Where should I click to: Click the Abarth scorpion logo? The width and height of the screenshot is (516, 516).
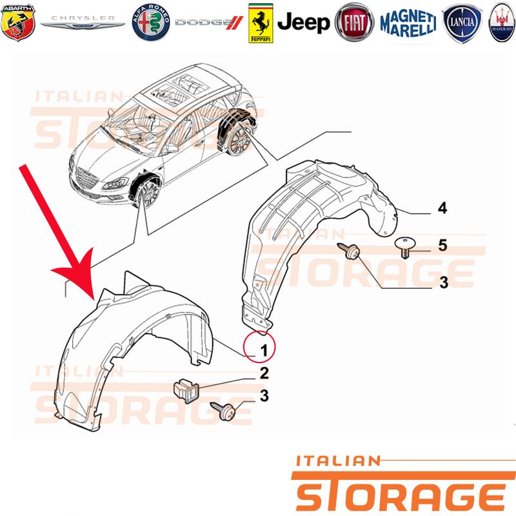[18, 23]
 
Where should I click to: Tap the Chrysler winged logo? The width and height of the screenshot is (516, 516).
[83, 23]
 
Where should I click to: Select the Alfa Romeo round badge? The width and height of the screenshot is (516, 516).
[151, 23]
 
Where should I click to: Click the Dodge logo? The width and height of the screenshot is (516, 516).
[209, 23]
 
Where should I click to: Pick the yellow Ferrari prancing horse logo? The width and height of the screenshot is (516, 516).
[261, 23]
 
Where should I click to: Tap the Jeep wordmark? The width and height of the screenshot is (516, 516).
[303, 23]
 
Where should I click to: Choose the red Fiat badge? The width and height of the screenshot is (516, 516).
[354, 23]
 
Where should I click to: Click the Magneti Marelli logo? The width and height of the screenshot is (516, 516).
[408, 23]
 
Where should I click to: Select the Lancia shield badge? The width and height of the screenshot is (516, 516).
[462, 23]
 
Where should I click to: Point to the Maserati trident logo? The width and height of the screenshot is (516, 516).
[502, 23]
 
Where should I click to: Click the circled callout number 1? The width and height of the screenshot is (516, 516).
[260, 347]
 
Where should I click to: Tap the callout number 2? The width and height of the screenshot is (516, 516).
[264, 373]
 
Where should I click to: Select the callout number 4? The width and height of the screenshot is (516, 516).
[442, 208]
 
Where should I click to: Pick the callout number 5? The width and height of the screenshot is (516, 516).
[442, 246]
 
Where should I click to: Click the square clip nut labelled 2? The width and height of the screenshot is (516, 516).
[186, 391]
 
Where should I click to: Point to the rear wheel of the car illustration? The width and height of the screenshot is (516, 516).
[240, 142]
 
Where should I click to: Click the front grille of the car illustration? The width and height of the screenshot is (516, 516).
[87, 179]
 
